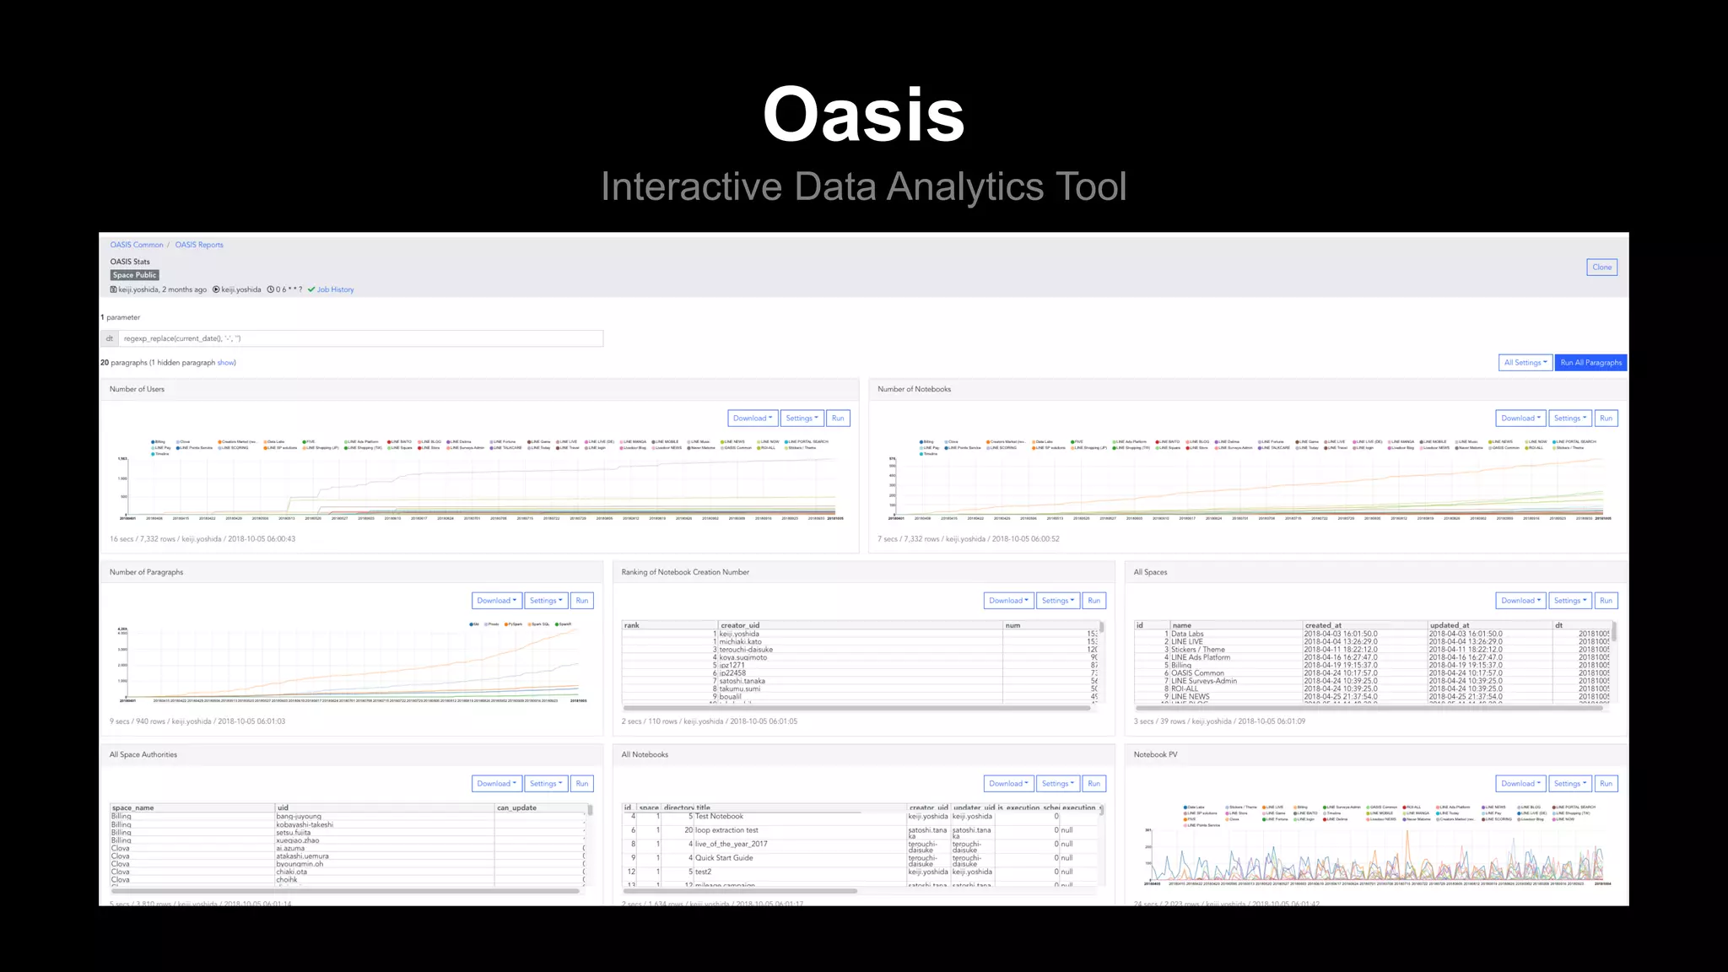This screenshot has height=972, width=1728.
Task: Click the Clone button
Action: click(x=1601, y=267)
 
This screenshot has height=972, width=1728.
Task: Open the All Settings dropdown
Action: click(x=1525, y=363)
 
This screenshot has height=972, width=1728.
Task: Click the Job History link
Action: click(x=335, y=289)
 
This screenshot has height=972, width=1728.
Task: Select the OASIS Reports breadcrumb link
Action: click(x=199, y=245)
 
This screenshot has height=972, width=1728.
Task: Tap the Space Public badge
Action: click(x=134, y=275)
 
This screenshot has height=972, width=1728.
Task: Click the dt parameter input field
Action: click(x=360, y=338)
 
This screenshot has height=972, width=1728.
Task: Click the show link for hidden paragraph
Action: click(x=226, y=363)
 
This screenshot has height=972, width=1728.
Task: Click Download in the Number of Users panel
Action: click(x=752, y=418)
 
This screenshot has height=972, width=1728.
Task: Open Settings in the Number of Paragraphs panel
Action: click(x=545, y=601)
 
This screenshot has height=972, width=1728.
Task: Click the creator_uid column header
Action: click(x=740, y=625)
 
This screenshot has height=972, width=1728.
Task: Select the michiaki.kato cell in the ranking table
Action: click(x=740, y=641)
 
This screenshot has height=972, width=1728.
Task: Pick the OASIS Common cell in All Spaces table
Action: click(x=1197, y=673)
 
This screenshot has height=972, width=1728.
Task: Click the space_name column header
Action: click(x=133, y=807)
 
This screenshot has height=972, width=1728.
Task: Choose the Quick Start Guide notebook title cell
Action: click(x=724, y=858)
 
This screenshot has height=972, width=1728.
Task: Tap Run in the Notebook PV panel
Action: click(x=1606, y=784)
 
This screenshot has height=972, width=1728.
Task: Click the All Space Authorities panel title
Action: click(x=143, y=754)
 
